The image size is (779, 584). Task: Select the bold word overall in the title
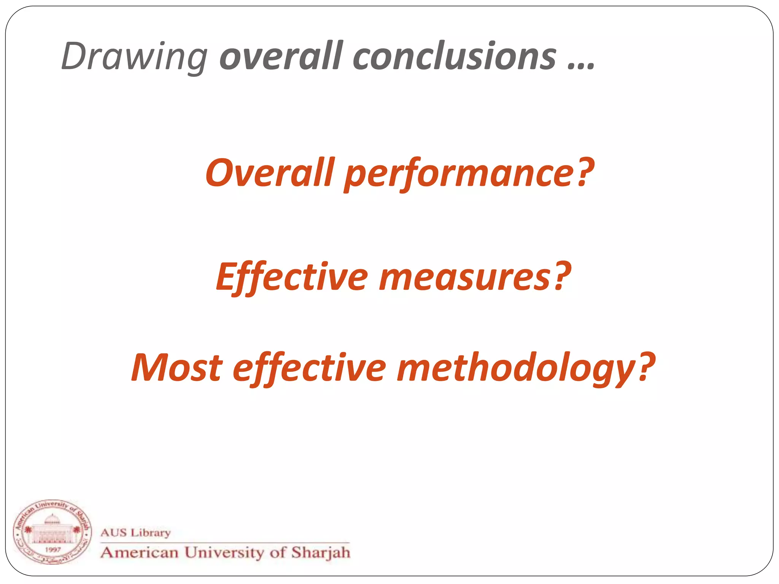click(x=281, y=56)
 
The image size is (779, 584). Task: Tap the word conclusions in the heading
click(x=455, y=56)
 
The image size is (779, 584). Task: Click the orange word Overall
click(x=270, y=173)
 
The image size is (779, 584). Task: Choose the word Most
click(x=176, y=368)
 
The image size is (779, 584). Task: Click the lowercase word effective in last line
click(x=309, y=368)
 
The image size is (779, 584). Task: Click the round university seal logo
click(x=52, y=532)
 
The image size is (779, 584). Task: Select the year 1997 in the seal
click(x=53, y=549)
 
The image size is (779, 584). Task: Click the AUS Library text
click(x=135, y=532)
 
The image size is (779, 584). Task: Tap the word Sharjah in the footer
click(x=320, y=552)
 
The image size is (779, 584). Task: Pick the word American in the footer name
click(x=140, y=552)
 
